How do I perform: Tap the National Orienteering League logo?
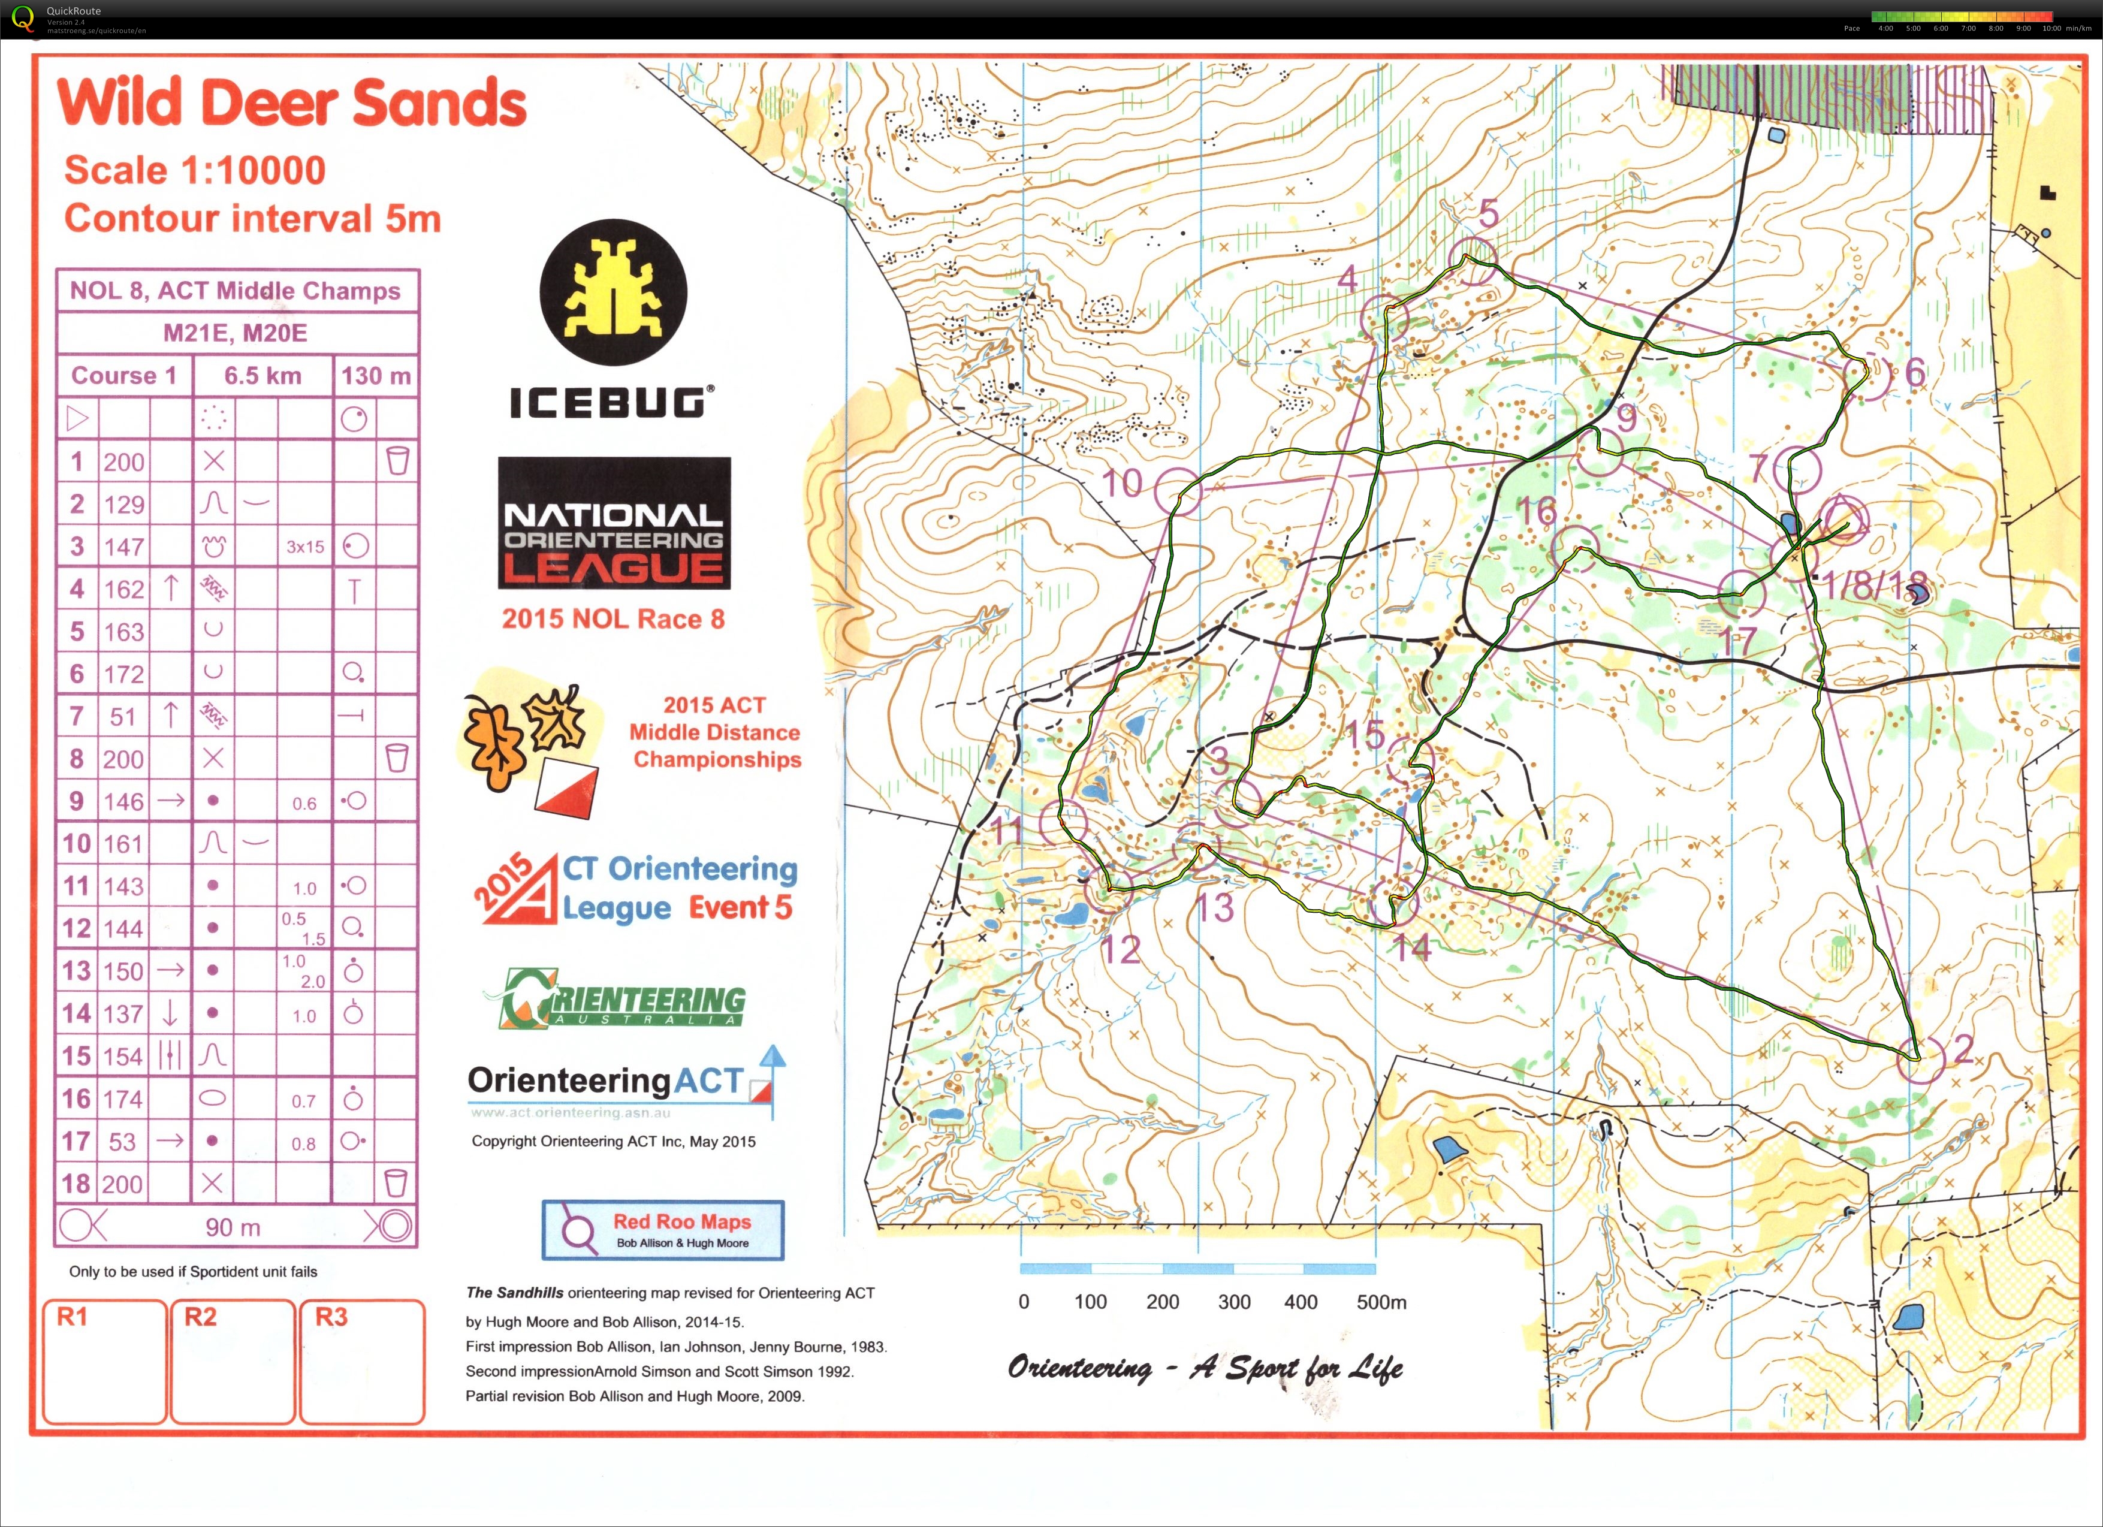coord(614,523)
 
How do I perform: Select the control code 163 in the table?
coord(123,632)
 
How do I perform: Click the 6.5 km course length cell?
coord(263,376)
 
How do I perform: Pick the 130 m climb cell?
coord(376,376)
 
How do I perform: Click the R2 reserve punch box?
coord(232,1360)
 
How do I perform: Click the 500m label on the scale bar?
coord(1381,1302)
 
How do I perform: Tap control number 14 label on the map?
coord(1412,947)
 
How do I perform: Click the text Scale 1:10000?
coord(195,171)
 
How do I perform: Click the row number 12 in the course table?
coord(76,928)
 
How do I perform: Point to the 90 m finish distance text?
coord(233,1227)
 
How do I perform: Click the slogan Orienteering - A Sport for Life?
coord(1205,1368)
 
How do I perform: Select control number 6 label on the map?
coord(1915,373)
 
